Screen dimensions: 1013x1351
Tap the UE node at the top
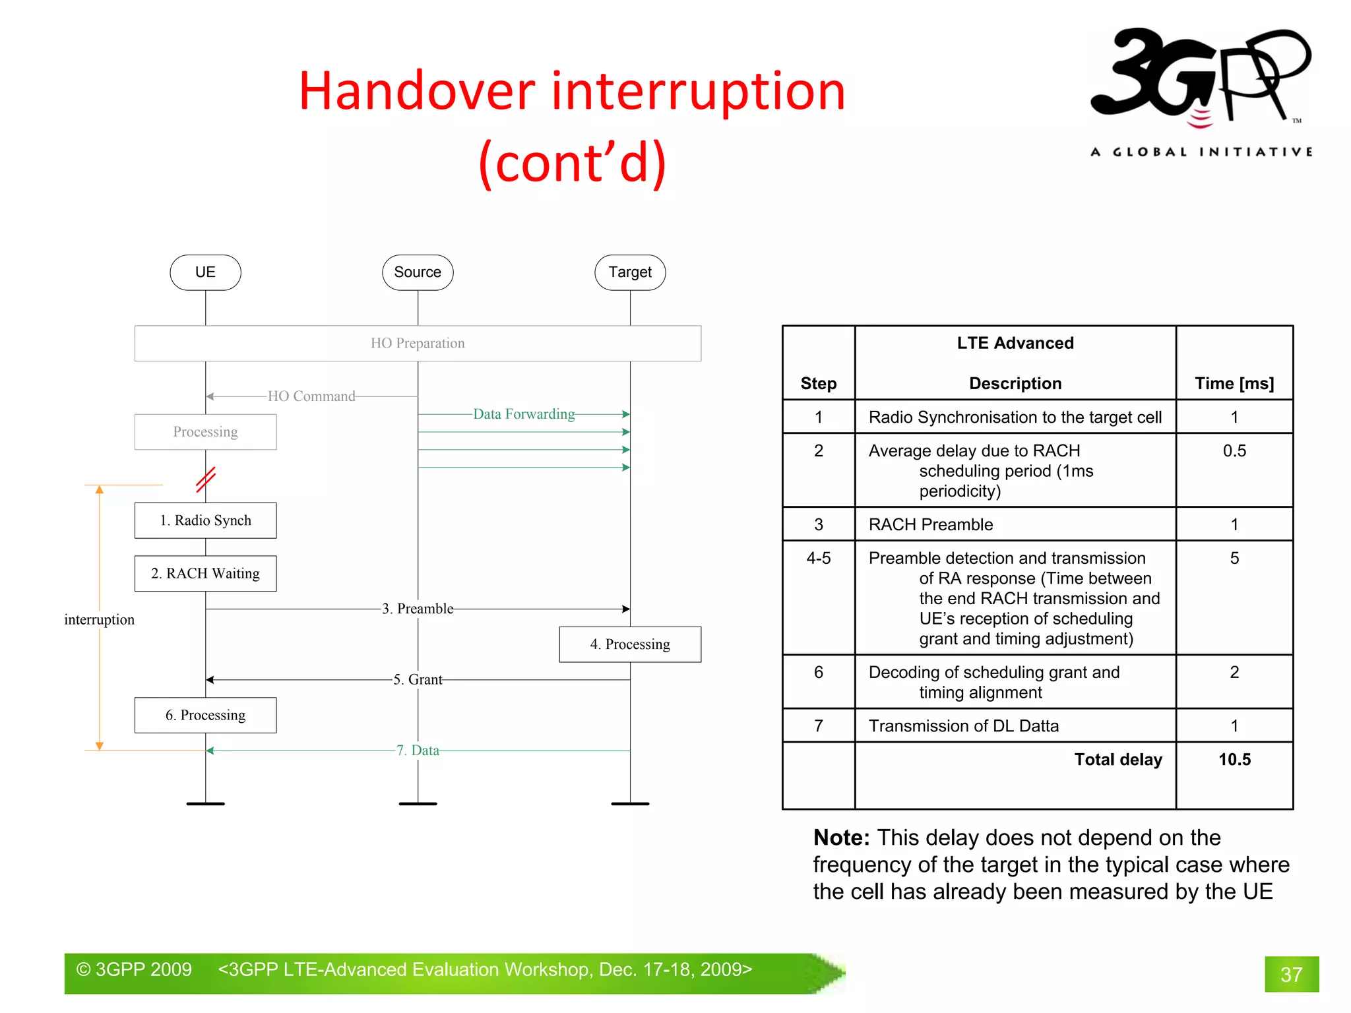click(205, 272)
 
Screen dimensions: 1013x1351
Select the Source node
click(418, 272)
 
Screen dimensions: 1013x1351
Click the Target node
click(630, 272)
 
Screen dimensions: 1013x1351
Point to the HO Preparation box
click(418, 343)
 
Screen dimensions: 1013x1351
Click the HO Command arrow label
click(311, 396)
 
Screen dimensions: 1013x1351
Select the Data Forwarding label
click(524, 414)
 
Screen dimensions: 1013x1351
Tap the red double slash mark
click(206, 479)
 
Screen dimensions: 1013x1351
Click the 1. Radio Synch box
click(205, 520)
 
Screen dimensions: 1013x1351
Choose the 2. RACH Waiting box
click(205, 573)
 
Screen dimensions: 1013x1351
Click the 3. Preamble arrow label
click(418, 609)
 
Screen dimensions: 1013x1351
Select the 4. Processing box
click(630, 644)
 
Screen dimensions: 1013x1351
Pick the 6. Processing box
click(205, 715)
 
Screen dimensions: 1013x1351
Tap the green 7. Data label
click(418, 751)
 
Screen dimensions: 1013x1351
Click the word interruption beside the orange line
click(99, 620)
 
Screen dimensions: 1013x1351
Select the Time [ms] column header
click(1234, 384)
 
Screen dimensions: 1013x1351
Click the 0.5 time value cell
click(1234, 451)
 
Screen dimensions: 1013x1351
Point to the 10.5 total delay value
click(1234, 760)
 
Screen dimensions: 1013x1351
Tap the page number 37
click(1291, 975)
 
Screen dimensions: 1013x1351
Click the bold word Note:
click(841, 838)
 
